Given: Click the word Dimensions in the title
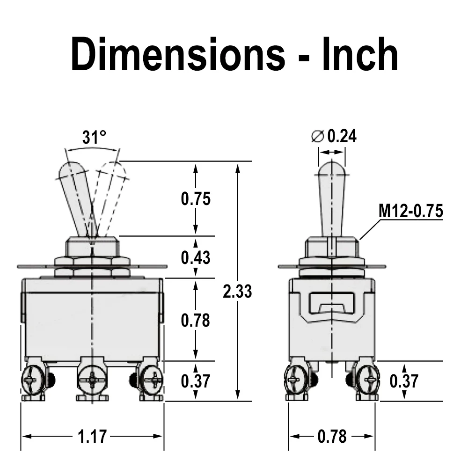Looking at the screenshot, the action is point(178,54).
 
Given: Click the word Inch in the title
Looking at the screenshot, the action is point(360,54).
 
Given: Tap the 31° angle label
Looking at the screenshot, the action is point(94,137).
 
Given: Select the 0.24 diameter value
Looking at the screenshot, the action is point(342,136).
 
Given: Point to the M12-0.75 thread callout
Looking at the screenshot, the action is point(411,211).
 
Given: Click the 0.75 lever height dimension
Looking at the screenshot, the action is point(196,199).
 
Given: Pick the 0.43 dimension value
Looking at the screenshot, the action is point(196,257).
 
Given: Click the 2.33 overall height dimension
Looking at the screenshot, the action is point(237,291).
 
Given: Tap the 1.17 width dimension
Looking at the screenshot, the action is point(92,436).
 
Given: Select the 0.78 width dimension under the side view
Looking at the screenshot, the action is point(332,436).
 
